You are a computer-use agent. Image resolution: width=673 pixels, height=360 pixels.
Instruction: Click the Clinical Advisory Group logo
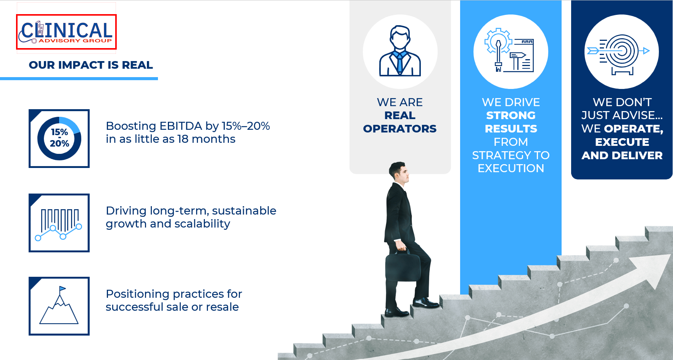click(x=66, y=32)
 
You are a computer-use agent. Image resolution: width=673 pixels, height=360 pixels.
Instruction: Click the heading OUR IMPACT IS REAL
click(x=91, y=65)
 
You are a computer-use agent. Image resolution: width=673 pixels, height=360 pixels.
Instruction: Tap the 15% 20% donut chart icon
click(x=59, y=138)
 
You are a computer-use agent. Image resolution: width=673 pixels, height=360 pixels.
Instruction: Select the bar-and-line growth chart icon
click(x=59, y=224)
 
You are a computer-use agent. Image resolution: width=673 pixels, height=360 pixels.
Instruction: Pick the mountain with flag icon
click(x=59, y=305)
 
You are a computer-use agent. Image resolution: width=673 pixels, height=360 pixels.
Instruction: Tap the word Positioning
click(x=138, y=294)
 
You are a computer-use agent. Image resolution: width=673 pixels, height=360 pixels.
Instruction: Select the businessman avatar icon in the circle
click(x=400, y=51)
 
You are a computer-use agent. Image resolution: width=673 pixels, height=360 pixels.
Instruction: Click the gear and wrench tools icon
click(x=509, y=50)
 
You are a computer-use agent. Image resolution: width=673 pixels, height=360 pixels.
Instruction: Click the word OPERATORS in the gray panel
click(x=400, y=129)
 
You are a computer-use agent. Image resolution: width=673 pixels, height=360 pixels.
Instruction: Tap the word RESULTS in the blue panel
click(x=511, y=129)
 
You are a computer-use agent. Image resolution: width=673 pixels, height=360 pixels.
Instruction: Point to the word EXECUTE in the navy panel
click(x=622, y=142)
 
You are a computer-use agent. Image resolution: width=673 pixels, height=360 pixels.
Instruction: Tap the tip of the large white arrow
click(x=670, y=255)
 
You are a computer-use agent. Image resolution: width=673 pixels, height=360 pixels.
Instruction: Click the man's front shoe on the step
click(x=425, y=303)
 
